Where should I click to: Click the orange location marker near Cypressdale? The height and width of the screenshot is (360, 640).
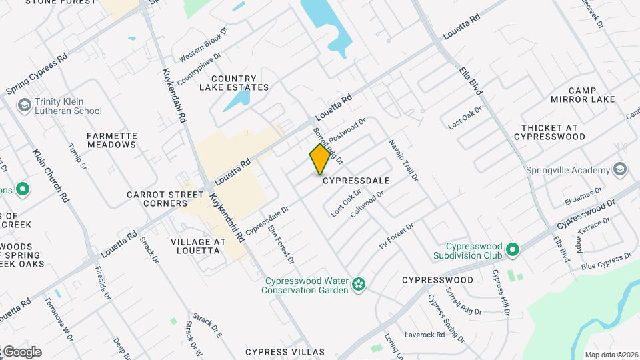coord(320,159)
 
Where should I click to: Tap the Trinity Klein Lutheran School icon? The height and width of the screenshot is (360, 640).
coord(25,105)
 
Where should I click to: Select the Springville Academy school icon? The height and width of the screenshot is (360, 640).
coord(621,169)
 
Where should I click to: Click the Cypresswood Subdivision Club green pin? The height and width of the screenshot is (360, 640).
coord(512,250)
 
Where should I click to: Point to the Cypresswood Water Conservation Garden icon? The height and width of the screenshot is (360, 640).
coord(359,285)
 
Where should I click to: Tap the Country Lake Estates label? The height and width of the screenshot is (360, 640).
coord(239,83)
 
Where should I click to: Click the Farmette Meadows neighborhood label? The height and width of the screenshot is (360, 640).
coord(112,141)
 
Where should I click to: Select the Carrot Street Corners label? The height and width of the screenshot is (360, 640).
coord(165,199)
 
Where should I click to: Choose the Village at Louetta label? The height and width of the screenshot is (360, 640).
coord(195,246)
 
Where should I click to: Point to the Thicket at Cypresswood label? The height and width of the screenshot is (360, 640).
coord(553,132)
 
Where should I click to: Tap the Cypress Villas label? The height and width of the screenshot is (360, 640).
coord(285,352)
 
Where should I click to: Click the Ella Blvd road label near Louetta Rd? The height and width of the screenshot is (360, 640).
coord(471,80)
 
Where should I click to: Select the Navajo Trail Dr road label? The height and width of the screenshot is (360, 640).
coord(404,161)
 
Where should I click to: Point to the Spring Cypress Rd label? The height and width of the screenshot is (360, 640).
coord(37,74)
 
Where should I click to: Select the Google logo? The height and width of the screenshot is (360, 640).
coord(21,351)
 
